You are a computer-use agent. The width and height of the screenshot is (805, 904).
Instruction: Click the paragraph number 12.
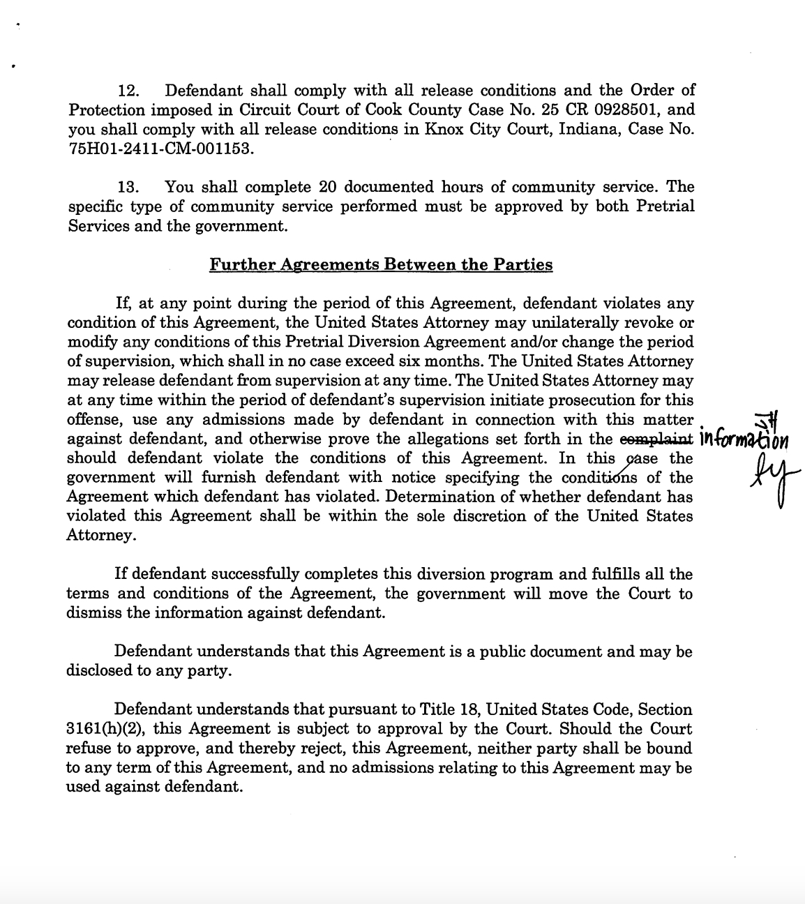click(x=129, y=91)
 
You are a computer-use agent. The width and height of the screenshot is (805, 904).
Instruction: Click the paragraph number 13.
click(x=129, y=188)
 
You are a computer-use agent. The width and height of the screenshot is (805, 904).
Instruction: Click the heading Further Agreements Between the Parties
click(x=381, y=265)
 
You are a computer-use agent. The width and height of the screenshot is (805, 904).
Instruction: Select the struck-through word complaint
click(x=656, y=439)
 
